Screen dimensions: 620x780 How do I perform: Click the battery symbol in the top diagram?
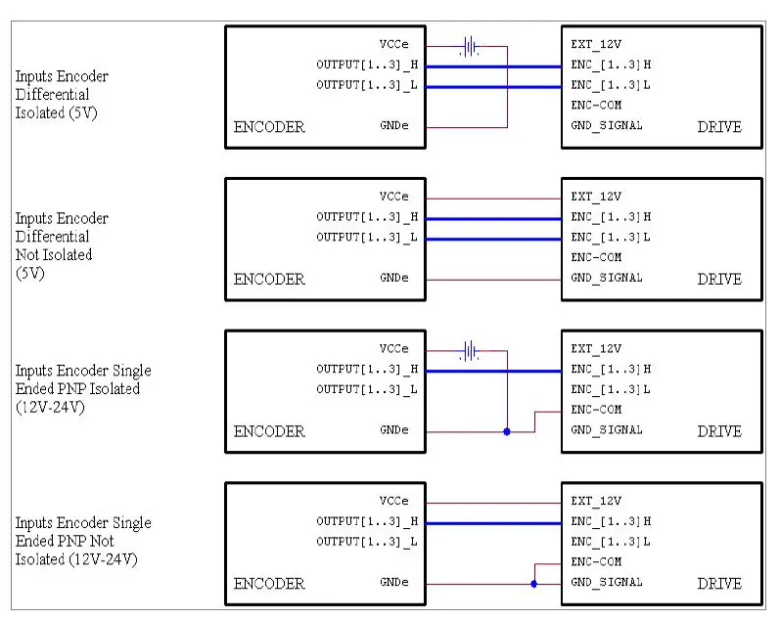coord(471,46)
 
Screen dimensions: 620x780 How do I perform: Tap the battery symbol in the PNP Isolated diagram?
coord(471,349)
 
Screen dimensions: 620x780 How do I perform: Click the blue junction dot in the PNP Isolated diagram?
coord(507,431)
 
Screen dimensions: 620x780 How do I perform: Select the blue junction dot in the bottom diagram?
coord(533,584)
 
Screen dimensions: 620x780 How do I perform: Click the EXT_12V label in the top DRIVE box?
coord(595,45)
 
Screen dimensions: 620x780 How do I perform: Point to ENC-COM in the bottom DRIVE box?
coord(595,561)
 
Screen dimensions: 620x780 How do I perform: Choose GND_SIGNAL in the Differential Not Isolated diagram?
coord(606,278)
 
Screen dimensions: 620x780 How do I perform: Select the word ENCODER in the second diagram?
coord(269,279)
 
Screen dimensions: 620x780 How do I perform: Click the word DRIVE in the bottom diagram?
coord(719,584)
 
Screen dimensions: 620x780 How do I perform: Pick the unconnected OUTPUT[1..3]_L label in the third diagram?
coord(367,389)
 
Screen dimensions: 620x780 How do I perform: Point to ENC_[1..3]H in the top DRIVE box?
coord(610,65)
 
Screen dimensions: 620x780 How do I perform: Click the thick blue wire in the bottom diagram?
coord(494,523)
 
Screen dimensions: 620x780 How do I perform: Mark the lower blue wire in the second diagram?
coord(494,239)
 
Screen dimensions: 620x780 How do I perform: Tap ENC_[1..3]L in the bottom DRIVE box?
coord(610,542)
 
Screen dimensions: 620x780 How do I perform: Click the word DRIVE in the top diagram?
coord(719,127)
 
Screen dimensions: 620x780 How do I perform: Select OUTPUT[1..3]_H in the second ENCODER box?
coord(367,217)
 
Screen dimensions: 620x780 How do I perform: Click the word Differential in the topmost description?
coord(52,95)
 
